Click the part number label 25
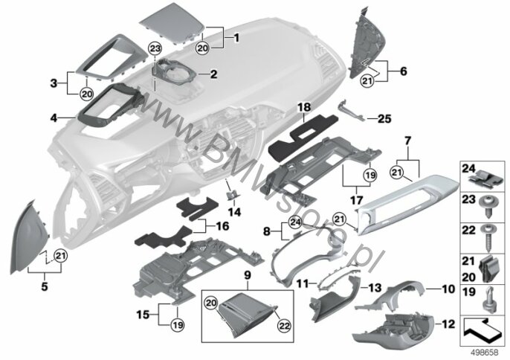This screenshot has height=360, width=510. point(384,119)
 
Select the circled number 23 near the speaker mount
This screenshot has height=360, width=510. point(155,49)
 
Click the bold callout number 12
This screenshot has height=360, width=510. point(448,324)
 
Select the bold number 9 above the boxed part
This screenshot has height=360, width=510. point(248,276)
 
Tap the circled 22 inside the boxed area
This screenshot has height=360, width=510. point(285,326)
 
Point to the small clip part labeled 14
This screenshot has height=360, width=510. point(232,195)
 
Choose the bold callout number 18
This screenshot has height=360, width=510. point(305,107)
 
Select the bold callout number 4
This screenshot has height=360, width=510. point(54,118)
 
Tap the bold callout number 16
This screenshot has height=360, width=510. point(222,226)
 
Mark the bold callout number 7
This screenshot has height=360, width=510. point(407,141)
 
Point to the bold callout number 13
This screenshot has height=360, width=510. point(375,288)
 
